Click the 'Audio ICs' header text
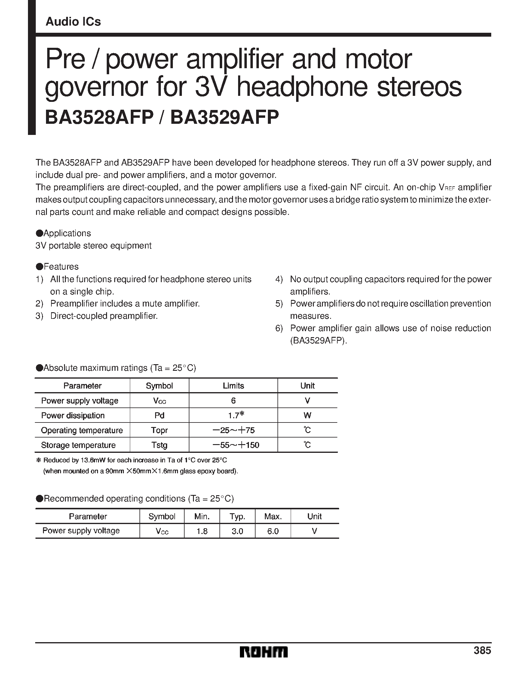pyautogui.click(x=73, y=22)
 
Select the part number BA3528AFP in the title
pyautogui.click(x=99, y=117)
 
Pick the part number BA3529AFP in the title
pyautogui.click(x=225, y=117)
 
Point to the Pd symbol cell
pyautogui.click(x=159, y=415)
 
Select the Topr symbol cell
pyautogui.click(x=159, y=430)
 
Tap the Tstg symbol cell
pyautogui.click(x=159, y=445)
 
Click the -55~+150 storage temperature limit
pyautogui.click(x=236, y=445)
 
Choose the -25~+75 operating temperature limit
pyautogui.click(x=234, y=430)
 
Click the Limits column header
pyautogui.click(x=233, y=386)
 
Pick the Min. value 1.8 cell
pyautogui.click(x=202, y=531)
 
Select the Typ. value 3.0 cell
pyautogui.click(x=237, y=531)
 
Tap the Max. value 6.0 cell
pyautogui.click(x=273, y=531)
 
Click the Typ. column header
pyautogui.click(x=237, y=517)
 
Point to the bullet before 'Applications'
pyautogui.click(x=39, y=233)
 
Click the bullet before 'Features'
pyautogui.click(x=39, y=267)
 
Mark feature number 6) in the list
pyautogui.click(x=279, y=328)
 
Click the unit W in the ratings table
pyautogui.click(x=307, y=415)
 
